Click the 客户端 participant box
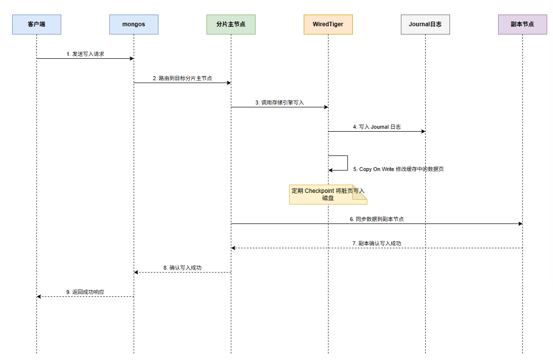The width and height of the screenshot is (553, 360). point(36,24)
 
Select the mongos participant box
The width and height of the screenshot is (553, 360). point(134,24)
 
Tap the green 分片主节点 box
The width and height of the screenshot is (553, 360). point(231,24)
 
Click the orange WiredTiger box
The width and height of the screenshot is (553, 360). point(328,24)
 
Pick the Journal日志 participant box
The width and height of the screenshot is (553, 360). point(425,24)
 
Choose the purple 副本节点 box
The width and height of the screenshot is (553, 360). point(522,24)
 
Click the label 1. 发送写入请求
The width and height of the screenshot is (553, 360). point(86,54)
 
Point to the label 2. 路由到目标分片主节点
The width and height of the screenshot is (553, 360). point(182,78)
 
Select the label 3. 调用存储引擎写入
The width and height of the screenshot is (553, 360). point(280,103)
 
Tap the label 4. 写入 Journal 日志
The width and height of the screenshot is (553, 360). point(377,127)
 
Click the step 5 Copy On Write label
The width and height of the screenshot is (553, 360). point(398,169)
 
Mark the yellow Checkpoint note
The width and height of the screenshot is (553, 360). point(328,195)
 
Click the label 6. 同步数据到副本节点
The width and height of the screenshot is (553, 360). point(377,219)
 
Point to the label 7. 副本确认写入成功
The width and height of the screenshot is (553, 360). point(377,243)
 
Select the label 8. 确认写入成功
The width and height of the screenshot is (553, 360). point(182,268)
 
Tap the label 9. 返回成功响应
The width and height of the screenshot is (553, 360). point(86,292)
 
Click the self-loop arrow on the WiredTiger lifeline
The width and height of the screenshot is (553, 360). point(348,163)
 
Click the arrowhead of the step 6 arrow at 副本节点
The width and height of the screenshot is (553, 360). point(520,223)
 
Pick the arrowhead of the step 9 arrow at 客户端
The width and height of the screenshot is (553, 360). point(39,296)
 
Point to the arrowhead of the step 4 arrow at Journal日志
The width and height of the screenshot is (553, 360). point(423,132)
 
